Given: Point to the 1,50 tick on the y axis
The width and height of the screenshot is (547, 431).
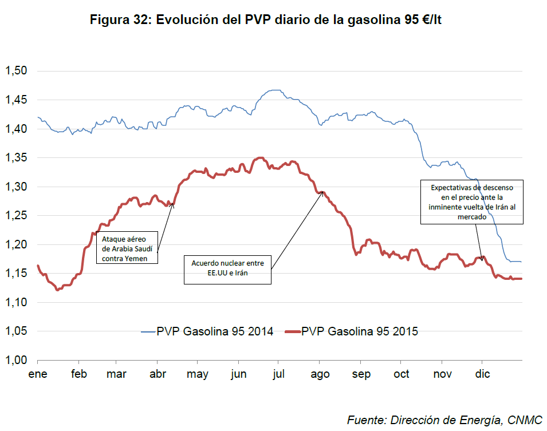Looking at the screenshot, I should coord(17,71).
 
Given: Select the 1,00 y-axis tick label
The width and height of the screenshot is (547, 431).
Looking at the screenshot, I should coord(17,360).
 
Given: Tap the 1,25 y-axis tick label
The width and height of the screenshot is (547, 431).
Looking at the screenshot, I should coord(17,216).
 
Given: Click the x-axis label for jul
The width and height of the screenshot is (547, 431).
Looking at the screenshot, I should coord(279,374).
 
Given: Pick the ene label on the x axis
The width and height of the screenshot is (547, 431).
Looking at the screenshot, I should coord(38,374).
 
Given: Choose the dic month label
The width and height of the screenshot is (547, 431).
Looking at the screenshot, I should coord(482,374).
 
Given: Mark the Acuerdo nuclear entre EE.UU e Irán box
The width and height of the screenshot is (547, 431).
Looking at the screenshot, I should coord(227,269).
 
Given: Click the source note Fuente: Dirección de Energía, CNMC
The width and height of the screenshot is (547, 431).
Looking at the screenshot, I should coord(444,420).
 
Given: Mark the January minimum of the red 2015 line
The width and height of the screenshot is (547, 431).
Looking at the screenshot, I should coord(57,290).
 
